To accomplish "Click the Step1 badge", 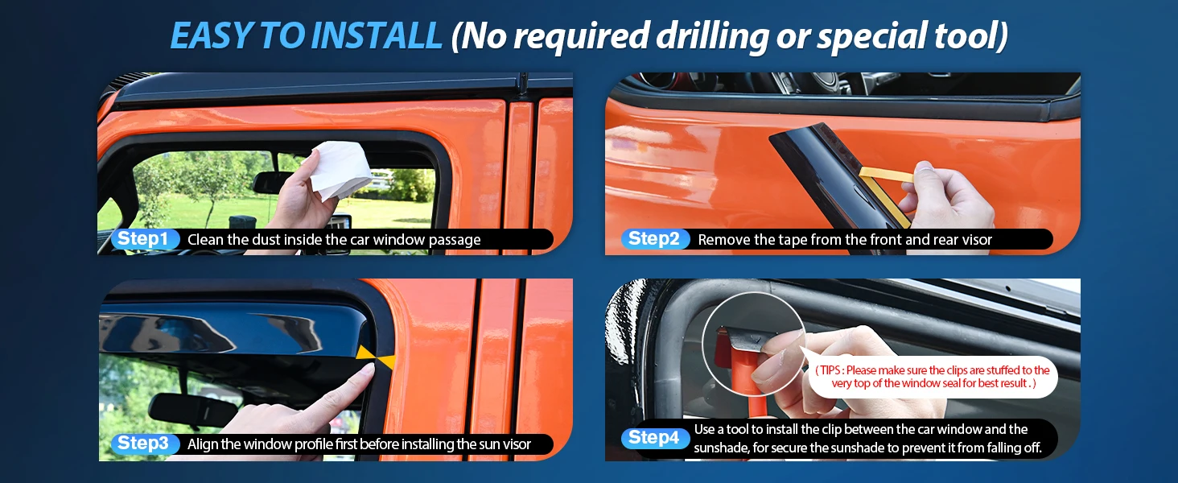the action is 143,239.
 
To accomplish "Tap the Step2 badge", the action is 654,239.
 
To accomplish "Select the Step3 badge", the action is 143,444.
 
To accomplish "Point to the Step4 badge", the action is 654,438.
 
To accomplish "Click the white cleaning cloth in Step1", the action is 341,169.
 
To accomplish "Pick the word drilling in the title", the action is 712,37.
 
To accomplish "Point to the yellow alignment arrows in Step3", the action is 376,356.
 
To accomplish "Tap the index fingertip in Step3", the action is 368,370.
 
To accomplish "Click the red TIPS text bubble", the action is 933,377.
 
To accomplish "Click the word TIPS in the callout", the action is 830,370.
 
